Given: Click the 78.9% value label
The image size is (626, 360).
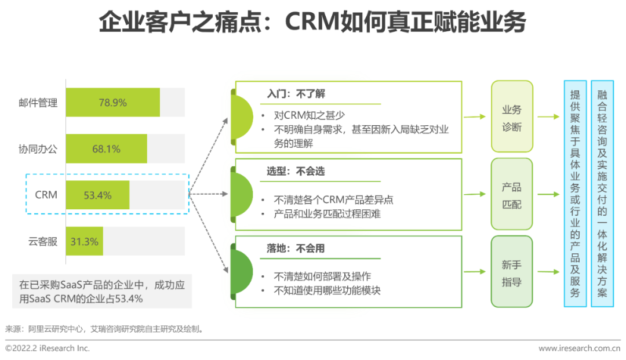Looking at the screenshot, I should click(x=112, y=103).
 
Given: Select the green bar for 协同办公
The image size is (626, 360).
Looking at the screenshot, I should click(x=106, y=149).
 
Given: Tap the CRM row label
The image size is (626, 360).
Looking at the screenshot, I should click(x=46, y=195).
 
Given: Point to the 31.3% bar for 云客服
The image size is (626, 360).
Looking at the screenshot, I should click(x=85, y=242).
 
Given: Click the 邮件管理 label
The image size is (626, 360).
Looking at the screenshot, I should click(x=38, y=103).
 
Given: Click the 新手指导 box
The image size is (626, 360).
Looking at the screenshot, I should click(x=511, y=272).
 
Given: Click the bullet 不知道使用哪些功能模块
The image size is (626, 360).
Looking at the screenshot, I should click(x=327, y=290).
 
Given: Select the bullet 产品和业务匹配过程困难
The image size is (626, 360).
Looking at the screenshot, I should click(x=327, y=213).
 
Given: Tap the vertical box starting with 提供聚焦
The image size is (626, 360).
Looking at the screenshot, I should click(x=575, y=194).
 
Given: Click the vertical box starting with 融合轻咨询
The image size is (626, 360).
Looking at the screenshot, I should click(x=602, y=194).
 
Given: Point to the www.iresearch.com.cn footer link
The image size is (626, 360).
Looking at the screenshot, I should click(x=579, y=348).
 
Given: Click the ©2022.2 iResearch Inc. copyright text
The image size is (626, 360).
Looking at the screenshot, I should click(x=48, y=348).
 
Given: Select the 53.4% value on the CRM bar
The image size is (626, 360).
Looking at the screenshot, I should click(x=97, y=195).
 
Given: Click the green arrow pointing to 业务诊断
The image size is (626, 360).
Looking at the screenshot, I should click(x=474, y=117).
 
